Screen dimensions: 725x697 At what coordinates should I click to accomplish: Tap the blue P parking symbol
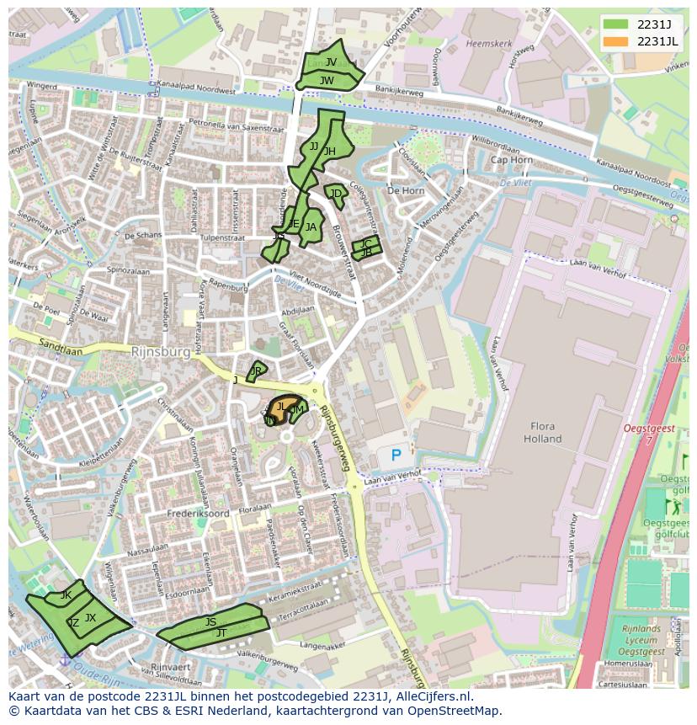coord(396,456)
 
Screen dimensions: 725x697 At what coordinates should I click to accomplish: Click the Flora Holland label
coord(542,433)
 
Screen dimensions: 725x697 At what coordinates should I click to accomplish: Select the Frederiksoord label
coord(199,512)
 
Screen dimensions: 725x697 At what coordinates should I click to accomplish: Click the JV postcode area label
coord(331,62)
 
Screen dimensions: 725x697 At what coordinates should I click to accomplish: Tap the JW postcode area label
coord(327,81)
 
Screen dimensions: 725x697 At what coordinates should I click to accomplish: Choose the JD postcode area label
coord(336,194)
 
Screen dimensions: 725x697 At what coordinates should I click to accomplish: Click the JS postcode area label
coord(210,622)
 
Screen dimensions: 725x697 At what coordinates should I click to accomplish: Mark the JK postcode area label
coord(66,595)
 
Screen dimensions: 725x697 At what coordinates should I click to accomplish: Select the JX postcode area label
coord(90,617)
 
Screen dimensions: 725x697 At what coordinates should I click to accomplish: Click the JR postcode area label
coord(256,370)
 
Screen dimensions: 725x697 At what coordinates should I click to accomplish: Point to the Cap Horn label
coord(511,160)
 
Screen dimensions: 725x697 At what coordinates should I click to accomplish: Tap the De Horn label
coord(405,191)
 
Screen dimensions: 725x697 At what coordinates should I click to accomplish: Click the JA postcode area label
coord(311,227)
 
